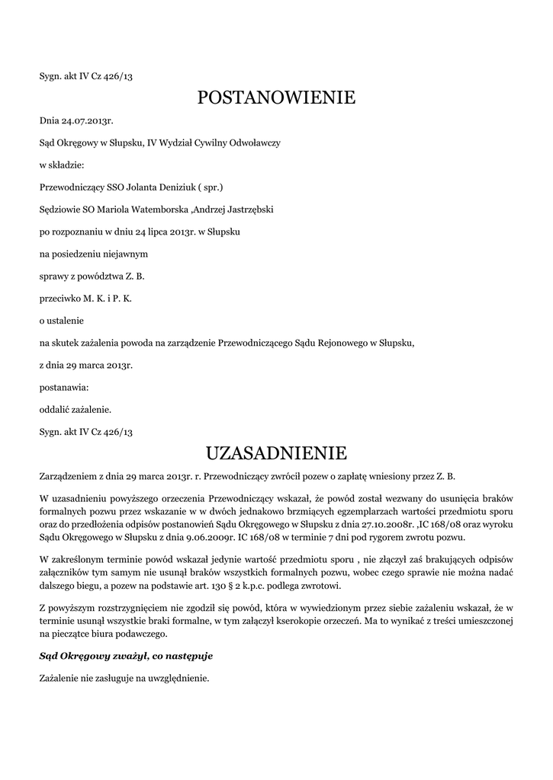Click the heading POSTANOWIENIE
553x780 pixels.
coord(276,97)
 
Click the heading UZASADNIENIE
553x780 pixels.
coord(276,454)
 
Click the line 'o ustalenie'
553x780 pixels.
coord(61,320)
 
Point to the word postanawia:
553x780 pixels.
coord(64,387)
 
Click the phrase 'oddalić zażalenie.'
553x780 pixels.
coord(76,409)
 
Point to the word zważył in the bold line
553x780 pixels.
coord(127,655)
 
